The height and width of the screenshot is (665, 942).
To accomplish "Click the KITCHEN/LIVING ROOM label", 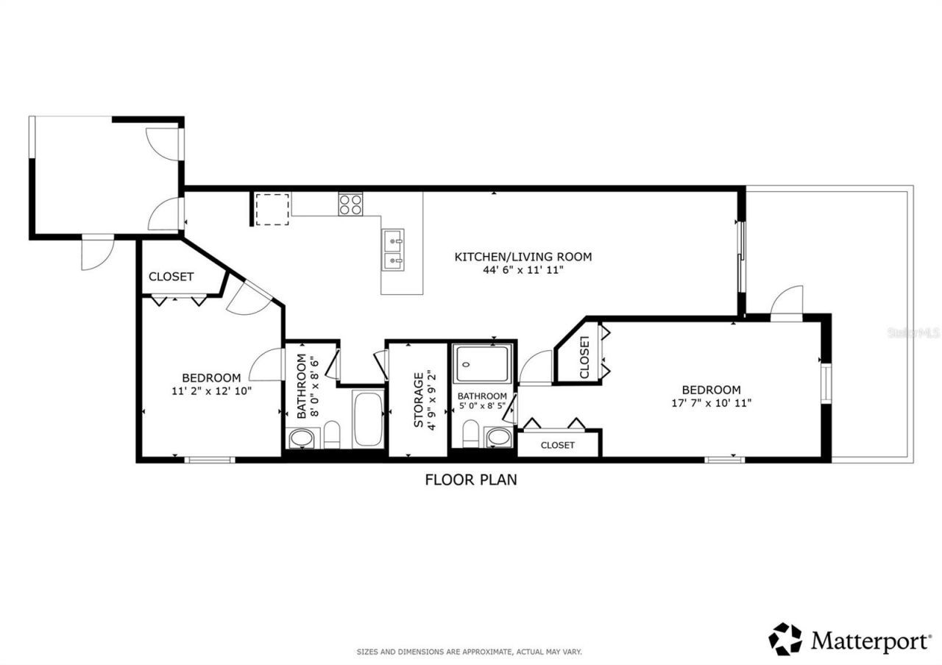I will tap(523, 257).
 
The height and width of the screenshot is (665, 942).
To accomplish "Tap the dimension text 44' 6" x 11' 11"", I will tap(523, 270).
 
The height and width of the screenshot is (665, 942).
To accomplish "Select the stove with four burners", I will tap(350, 203).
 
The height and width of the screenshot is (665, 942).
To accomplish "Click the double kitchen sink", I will tap(392, 249).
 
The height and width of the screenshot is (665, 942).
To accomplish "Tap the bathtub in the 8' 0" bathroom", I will tap(367, 420).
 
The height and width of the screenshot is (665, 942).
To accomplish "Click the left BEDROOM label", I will tap(211, 377).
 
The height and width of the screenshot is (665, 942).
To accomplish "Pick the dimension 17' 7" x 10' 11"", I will tap(711, 402).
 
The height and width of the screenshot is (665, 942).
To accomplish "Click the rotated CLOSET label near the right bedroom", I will tap(585, 358).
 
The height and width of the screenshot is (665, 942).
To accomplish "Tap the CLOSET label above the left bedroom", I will tap(171, 277).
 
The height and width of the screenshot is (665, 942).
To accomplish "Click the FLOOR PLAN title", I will tap(471, 480).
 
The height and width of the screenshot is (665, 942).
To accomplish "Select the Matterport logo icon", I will tap(785, 639).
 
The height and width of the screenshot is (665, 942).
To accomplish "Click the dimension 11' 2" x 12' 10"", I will tap(211, 391).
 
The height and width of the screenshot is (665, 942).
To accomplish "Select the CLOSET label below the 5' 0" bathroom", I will tap(557, 445).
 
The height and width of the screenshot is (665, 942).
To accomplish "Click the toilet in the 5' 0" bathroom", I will tap(471, 433).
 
